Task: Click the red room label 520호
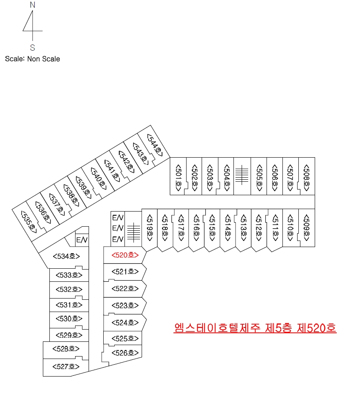click(x=125, y=255)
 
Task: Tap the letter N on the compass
click(x=33, y=5)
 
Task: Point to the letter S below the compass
click(x=33, y=48)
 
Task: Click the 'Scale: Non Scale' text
click(x=33, y=59)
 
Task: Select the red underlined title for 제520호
click(x=255, y=328)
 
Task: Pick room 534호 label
click(x=67, y=256)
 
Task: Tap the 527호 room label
click(x=66, y=366)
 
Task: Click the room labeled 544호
click(x=155, y=145)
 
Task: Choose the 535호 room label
click(x=29, y=222)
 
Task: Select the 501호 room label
click(x=178, y=178)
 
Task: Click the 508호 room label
click(x=307, y=178)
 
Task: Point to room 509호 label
click(x=307, y=228)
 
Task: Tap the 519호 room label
click(x=150, y=228)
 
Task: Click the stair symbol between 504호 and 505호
click(x=242, y=174)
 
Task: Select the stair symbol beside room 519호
click(x=133, y=232)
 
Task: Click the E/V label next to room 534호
click(x=82, y=240)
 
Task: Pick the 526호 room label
click(x=125, y=353)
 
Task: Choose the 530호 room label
click(x=69, y=319)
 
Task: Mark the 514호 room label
click(x=228, y=228)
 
